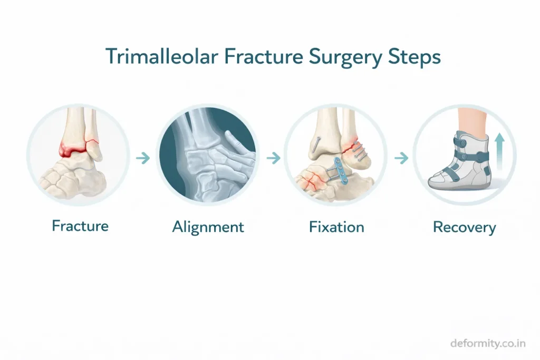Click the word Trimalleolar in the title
pos(162,56)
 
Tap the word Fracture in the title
pos(264,56)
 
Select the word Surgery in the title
pos(345,58)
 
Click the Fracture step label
pos(80,226)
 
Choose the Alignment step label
pos(208,228)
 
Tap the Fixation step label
pos(336,227)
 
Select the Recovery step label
pos(464,228)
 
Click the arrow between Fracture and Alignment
pos(143,158)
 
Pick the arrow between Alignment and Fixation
pos(274,158)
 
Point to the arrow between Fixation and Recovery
pos(401,158)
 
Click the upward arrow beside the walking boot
pos(500,151)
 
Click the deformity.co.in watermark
pos(488,343)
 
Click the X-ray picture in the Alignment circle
pos(208,155)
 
